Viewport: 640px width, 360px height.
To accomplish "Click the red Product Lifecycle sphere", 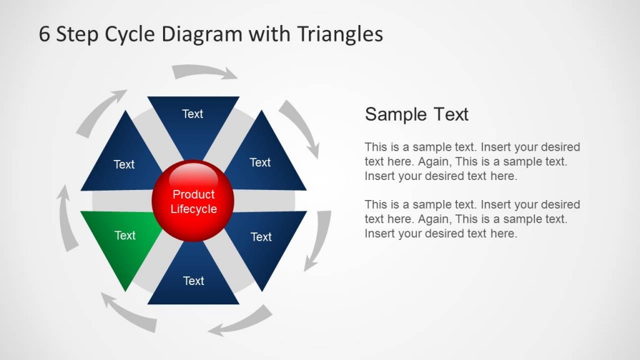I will point(193,201).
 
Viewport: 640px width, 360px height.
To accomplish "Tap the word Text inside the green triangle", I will point(125,236).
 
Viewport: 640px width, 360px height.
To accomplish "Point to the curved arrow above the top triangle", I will point(205,71).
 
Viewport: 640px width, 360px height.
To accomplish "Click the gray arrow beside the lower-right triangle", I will point(319,240).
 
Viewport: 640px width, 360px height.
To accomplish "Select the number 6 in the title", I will point(44,34).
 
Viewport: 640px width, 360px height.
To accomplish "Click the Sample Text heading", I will point(416,114).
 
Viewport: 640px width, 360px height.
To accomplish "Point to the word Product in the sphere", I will point(194,194).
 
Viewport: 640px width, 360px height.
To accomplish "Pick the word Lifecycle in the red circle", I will point(194,209).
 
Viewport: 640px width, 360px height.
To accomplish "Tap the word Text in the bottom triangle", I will point(193,281).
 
